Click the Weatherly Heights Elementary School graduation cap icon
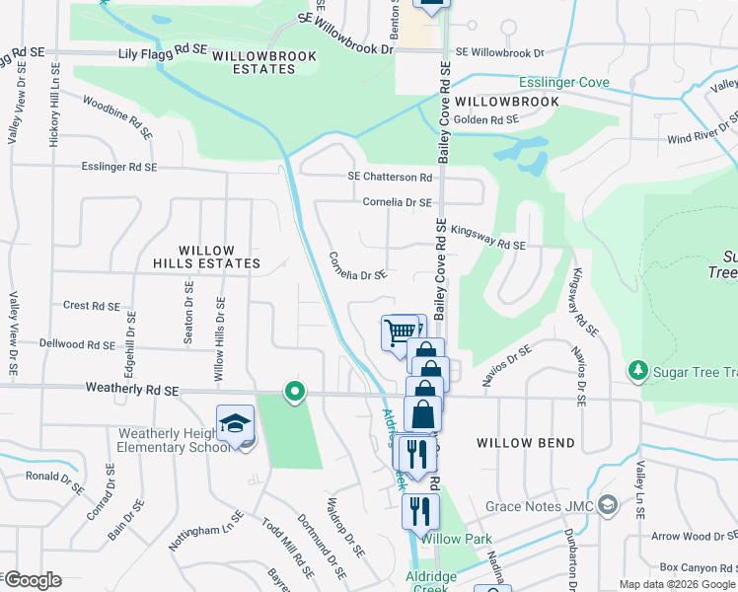[x=235, y=424]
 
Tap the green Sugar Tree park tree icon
[x=637, y=371]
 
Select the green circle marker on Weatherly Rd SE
[x=293, y=393]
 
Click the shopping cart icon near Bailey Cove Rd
[x=400, y=333]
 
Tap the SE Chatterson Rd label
[x=390, y=177]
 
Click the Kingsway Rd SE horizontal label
[x=488, y=237]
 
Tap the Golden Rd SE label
[x=485, y=119]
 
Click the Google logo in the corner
[x=32, y=580]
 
